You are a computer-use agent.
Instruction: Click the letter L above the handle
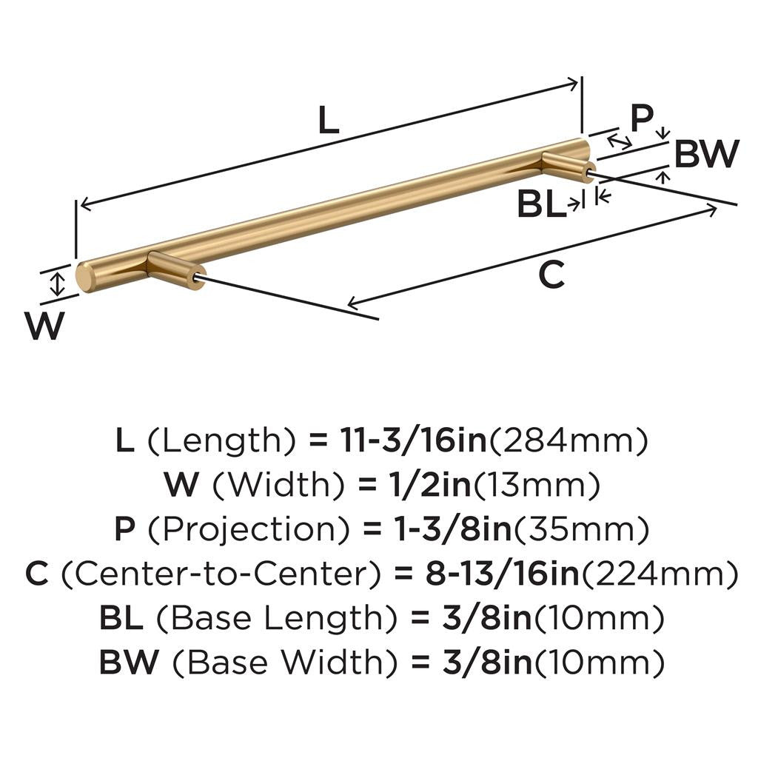(329, 120)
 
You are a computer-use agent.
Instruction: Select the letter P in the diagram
(642, 118)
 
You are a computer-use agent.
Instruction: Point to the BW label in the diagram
(707, 153)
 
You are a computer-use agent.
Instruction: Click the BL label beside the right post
(541, 204)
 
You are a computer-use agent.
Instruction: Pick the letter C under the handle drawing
(551, 275)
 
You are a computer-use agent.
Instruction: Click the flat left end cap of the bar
(84, 278)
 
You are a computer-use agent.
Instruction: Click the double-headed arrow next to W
(58, 284)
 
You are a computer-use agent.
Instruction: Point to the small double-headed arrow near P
(620, 141)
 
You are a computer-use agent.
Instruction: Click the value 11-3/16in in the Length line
(414, 440)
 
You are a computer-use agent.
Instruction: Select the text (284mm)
(569, 440)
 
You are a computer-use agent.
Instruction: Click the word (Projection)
(247, 529)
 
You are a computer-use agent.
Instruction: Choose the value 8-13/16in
(503, 574)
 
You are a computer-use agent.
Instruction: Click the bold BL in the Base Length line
(121, 618)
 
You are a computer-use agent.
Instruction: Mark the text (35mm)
(581, 529)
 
